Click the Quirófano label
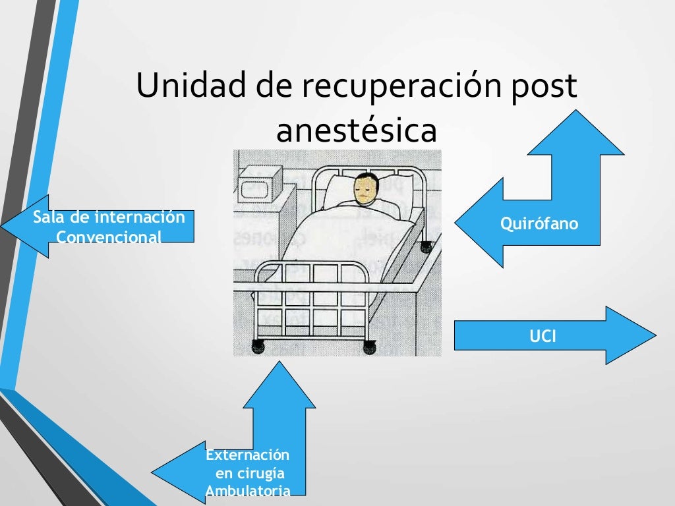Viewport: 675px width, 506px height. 539,224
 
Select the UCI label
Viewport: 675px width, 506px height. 543,337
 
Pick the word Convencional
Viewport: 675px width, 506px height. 109,236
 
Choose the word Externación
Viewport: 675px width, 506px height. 247,455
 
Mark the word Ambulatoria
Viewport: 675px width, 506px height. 247,491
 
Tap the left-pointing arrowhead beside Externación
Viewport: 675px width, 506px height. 177,472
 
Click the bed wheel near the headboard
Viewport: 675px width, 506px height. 425,248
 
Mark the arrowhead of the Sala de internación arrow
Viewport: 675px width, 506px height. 26,226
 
